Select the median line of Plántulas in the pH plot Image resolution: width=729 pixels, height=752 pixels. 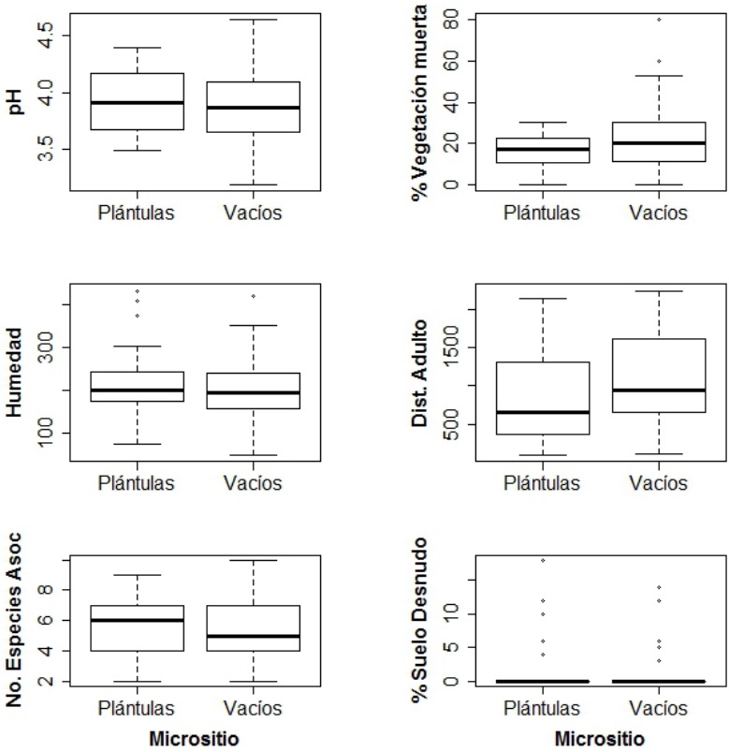(x=137, y=102)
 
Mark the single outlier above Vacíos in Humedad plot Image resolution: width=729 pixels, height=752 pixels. (x=253, y=296)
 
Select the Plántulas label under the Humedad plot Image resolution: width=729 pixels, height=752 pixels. (x=137, y=483)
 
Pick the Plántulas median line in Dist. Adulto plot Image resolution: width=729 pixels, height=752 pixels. (x=543, y=412)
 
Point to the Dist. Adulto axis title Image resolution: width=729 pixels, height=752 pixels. (x=421, y=375)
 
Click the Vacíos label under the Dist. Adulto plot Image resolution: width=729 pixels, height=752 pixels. (x=658, y=483)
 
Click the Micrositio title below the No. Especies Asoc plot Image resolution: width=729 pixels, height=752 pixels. (x=195, y=739)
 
